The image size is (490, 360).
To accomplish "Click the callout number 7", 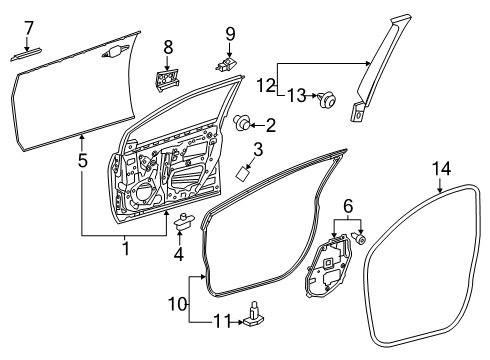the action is coord(29,28).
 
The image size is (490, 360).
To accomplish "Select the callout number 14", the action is coord(442,168).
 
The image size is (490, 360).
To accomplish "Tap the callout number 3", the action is coord(258,149).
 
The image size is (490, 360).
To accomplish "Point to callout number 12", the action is coord(266,85).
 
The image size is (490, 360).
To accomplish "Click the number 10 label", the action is coord(178,304).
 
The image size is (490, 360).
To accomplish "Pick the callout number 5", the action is coord(83,160).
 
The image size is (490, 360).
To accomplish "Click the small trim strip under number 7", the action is coord(26,54).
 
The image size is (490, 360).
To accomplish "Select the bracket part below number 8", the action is coord(167,80).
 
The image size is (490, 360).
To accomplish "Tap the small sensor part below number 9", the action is coord(226,64).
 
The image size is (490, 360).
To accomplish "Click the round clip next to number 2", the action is coord(242,122).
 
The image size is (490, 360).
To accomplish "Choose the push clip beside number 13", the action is coord(327,98).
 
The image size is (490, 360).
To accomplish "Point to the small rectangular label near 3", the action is coord(243,174).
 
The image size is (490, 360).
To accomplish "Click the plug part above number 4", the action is coord(184,221).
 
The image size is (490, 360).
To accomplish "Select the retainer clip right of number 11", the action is coord(253,317).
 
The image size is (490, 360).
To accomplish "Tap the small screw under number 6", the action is coord(360,239).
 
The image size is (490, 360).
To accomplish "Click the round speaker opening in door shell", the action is coord(144,195).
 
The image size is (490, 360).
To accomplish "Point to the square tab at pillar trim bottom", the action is coord(357,112).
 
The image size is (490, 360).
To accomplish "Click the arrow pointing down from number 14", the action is coord(441,186).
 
